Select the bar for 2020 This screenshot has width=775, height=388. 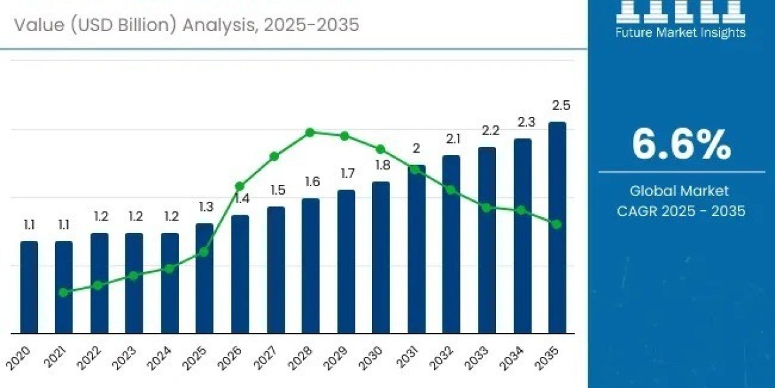coord(29,287)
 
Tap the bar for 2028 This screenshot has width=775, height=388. coord(311,265)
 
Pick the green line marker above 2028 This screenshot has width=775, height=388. coord(310,133)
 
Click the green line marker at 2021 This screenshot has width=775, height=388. coord(63,292)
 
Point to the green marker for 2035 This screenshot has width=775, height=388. coord(557,224)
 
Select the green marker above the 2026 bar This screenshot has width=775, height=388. coord(240,186)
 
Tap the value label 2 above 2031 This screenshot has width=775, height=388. coord(417,149)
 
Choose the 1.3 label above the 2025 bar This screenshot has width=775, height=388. coord(205,207)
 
